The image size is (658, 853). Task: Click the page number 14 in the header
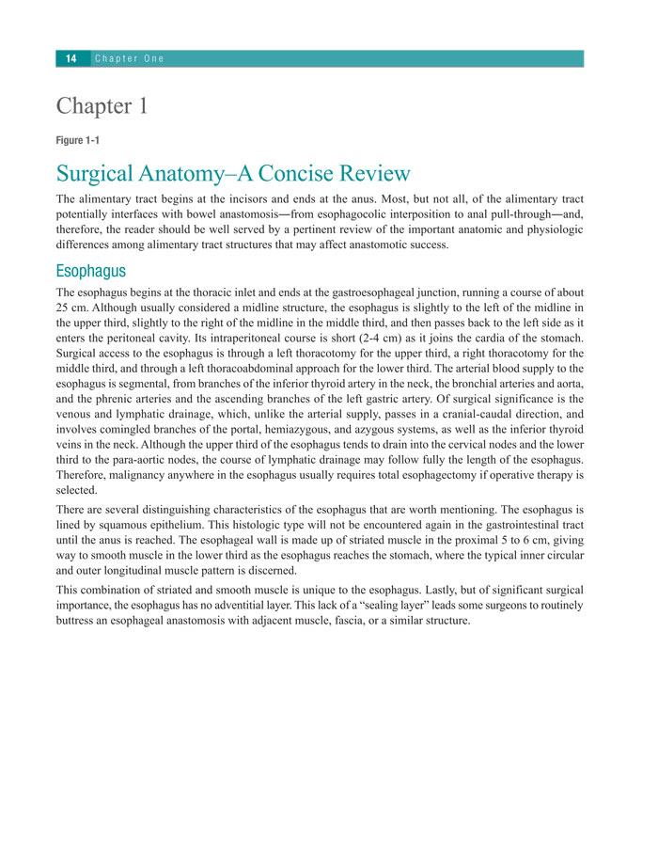70,58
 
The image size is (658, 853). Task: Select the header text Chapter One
130,58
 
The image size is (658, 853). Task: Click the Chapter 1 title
102,106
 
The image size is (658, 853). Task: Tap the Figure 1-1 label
78,140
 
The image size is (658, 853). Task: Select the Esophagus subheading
91,272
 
